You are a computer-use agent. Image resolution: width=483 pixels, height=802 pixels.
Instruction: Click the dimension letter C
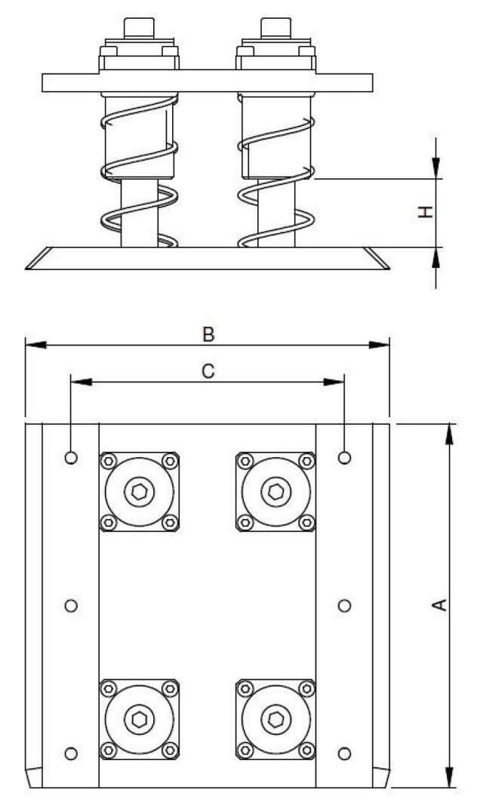point(209,370)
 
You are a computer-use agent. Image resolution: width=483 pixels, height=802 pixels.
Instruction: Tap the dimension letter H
point(426,213)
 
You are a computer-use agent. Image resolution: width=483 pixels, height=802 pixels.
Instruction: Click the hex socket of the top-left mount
point(140,492)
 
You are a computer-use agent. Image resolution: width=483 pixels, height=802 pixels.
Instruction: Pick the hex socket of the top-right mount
point(275,492)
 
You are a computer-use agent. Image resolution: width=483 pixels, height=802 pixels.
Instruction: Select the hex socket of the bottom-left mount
point(140,718)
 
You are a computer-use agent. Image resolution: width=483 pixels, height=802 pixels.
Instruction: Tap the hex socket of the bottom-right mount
point(275,718)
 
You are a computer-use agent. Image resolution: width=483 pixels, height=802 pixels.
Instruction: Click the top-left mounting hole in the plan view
point(72,457)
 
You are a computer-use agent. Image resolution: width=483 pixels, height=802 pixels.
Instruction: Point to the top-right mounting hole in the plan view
point(345,457)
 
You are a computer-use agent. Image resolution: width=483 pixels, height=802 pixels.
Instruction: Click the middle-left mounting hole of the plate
point(72,605)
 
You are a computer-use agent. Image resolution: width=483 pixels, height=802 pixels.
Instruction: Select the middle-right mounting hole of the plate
point(345,605)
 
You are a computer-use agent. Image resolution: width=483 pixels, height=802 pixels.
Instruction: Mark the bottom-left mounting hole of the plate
point(72,753)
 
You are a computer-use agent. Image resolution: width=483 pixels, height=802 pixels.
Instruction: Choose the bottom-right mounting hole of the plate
point(345,753)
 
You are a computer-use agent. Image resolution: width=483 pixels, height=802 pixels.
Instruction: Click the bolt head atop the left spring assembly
point(139,29)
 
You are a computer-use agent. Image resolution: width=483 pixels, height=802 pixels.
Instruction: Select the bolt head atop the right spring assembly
point(275,29)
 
